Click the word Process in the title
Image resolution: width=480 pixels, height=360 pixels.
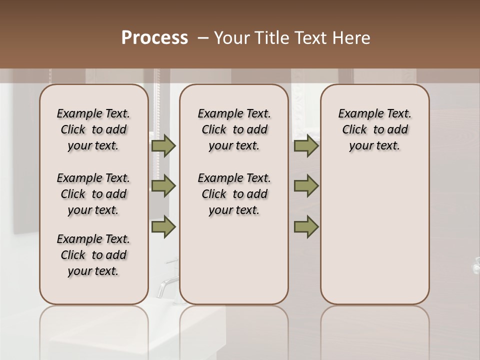[154, 38]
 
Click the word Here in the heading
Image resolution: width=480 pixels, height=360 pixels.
[351, 38]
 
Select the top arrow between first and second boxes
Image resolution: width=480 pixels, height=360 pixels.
[163, 146]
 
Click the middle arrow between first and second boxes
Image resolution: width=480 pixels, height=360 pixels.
[163, 186]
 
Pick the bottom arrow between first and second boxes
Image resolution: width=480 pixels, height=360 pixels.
[163, 227]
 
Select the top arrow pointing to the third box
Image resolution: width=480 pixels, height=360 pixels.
[305, 146]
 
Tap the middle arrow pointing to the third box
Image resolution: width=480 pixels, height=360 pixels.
[305, 186]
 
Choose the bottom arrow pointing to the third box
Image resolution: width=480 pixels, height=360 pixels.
[305, 227]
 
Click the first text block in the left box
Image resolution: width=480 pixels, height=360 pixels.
[93, 129]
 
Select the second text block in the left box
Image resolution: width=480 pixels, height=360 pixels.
[93, 194]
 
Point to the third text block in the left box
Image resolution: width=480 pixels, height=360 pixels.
[93, 255]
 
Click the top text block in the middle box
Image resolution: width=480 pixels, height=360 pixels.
[234, 129]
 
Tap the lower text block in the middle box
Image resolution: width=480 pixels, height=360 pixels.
[234, 194]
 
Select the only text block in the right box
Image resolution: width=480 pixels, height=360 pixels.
[374, 129]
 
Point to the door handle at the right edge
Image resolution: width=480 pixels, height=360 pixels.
[476, 268]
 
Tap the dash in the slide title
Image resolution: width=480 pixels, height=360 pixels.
[202, 38]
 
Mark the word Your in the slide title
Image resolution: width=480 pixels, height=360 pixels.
[230, 38]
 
